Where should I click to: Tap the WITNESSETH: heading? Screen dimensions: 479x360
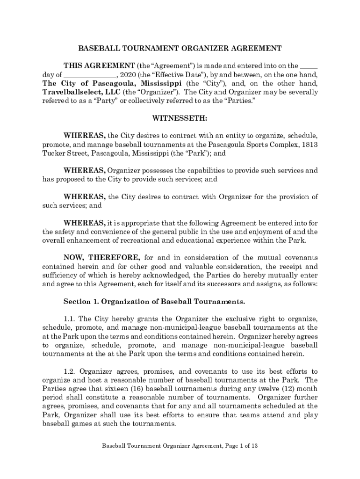pyautogui.click(x=180, y=118)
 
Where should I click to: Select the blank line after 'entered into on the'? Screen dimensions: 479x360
pyautogui.click(x=309, y=66)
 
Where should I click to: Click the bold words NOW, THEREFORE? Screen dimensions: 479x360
pyautogui.click(x=101, y=258)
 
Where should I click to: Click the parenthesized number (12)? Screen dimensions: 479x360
pyautogui.click(x=286, y=389)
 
